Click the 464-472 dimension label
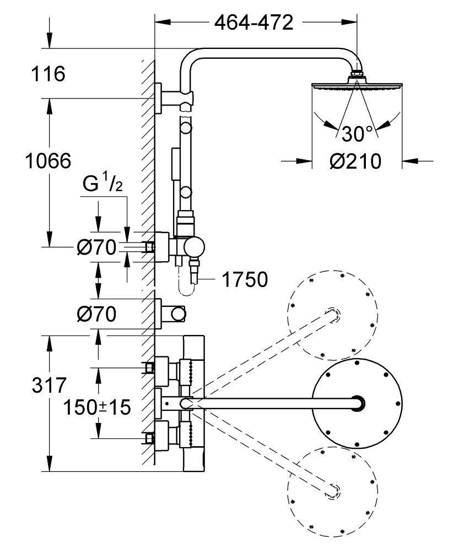click(253, 23)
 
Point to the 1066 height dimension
click(48, 161)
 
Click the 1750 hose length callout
click(245, 279)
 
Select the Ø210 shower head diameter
click(355, 162)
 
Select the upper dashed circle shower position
click(333, 315)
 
